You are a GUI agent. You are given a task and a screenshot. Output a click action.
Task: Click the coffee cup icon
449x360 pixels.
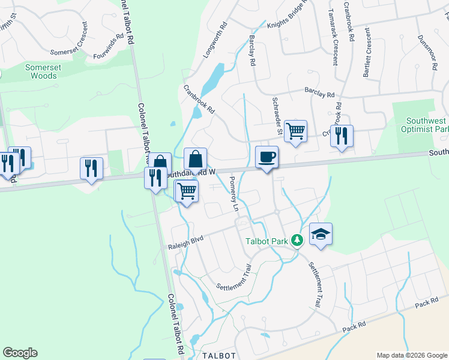[267, 157]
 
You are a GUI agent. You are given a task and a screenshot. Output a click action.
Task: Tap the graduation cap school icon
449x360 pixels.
[321, 235]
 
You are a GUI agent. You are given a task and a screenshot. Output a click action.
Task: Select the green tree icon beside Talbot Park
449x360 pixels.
[296, 240]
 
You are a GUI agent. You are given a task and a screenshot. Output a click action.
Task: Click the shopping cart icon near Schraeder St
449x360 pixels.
[295, 131]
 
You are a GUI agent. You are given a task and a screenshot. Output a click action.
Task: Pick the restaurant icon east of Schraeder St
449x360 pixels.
[342, 136]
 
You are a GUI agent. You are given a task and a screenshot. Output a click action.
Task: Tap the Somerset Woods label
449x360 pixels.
[43, 72]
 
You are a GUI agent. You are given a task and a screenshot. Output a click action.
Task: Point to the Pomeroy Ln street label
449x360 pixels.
[234, 194]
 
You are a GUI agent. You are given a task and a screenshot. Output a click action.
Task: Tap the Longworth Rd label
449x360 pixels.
[215, 40]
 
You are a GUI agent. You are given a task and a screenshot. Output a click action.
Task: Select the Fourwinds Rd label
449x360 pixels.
[109, 46]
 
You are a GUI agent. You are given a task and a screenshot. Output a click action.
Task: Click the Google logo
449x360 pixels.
[20, 353]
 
